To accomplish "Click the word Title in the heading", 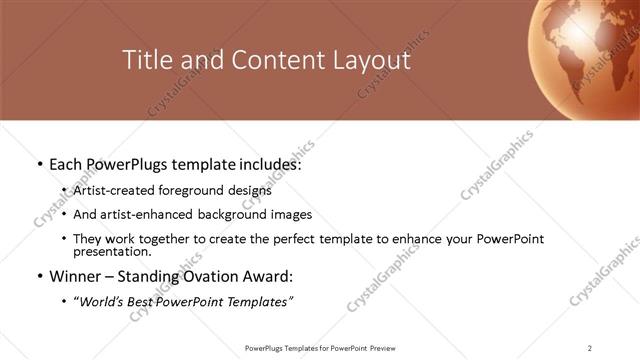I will (x=145, y=60).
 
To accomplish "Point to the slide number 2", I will (x=590, y=348).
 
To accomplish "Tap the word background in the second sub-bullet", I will (x=227, y=214).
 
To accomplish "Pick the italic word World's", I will (x=99, y=301).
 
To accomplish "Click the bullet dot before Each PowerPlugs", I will (x=38, y=163).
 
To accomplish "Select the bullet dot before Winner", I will (x=38, y=276).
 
